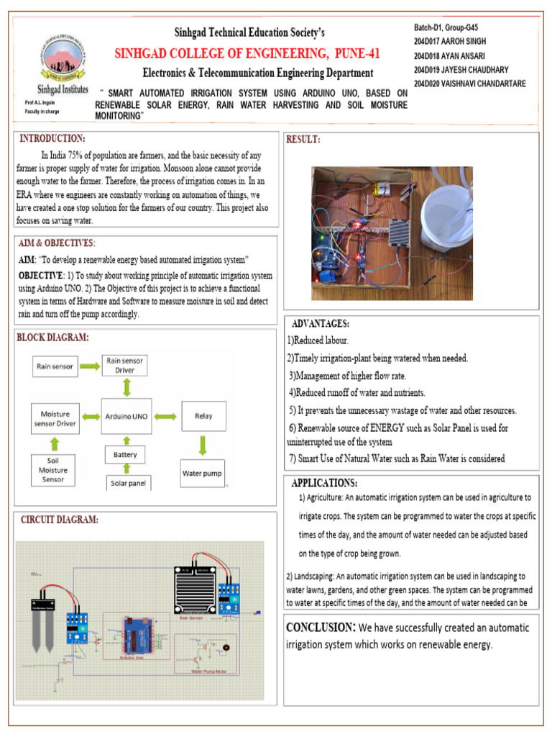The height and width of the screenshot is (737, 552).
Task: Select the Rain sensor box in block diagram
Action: point(55,366)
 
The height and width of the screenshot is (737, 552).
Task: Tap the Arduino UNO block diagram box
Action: point(126,416)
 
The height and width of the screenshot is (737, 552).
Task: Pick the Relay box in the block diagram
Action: point(202,415)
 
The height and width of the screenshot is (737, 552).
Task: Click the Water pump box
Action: point(202,474)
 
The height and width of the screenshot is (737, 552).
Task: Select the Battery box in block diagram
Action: point(126,455)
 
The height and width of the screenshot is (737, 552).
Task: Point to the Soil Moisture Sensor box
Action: point(55,469)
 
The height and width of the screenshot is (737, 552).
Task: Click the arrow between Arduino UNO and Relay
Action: point(165,416)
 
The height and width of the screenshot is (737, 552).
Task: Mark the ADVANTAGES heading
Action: point(321,324)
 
